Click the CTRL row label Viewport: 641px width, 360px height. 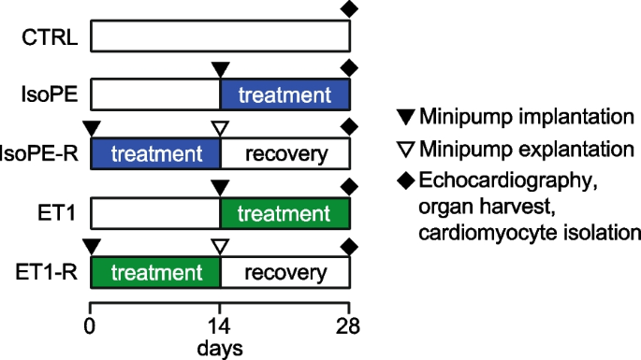pyautogui.click(x=51, y=38)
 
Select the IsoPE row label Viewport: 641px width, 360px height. pyautogui.click(x=50, y=95)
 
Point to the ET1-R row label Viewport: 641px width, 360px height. pyautogui.click(x=47, y=273)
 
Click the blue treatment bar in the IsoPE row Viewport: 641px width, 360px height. pyautogui.click(x=284, y=95)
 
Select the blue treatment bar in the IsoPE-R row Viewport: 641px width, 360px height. pyautogui.click(x=154, y=152)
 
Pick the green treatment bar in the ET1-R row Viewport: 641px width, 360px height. pyautogui.click(x=154, y=273)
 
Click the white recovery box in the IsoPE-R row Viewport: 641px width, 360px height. pyautogui.click(x=284, y=152)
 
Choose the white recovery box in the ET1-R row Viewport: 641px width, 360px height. pyautogui.click(x=284, y=273)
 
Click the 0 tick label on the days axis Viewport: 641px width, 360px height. pyautogui.click(x=90, y=326)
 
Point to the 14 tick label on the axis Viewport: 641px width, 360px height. pyautogui.click(x=219, y=326)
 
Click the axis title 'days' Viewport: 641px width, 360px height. pyautogui.click(x=220, y=349)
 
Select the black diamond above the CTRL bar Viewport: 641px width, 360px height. pyautogui.click(x=349, y=9)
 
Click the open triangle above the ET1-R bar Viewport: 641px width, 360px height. pyautogui.click(x=220, y=246)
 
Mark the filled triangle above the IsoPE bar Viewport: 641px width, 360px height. pyautogui.click(x=220, y=68)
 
